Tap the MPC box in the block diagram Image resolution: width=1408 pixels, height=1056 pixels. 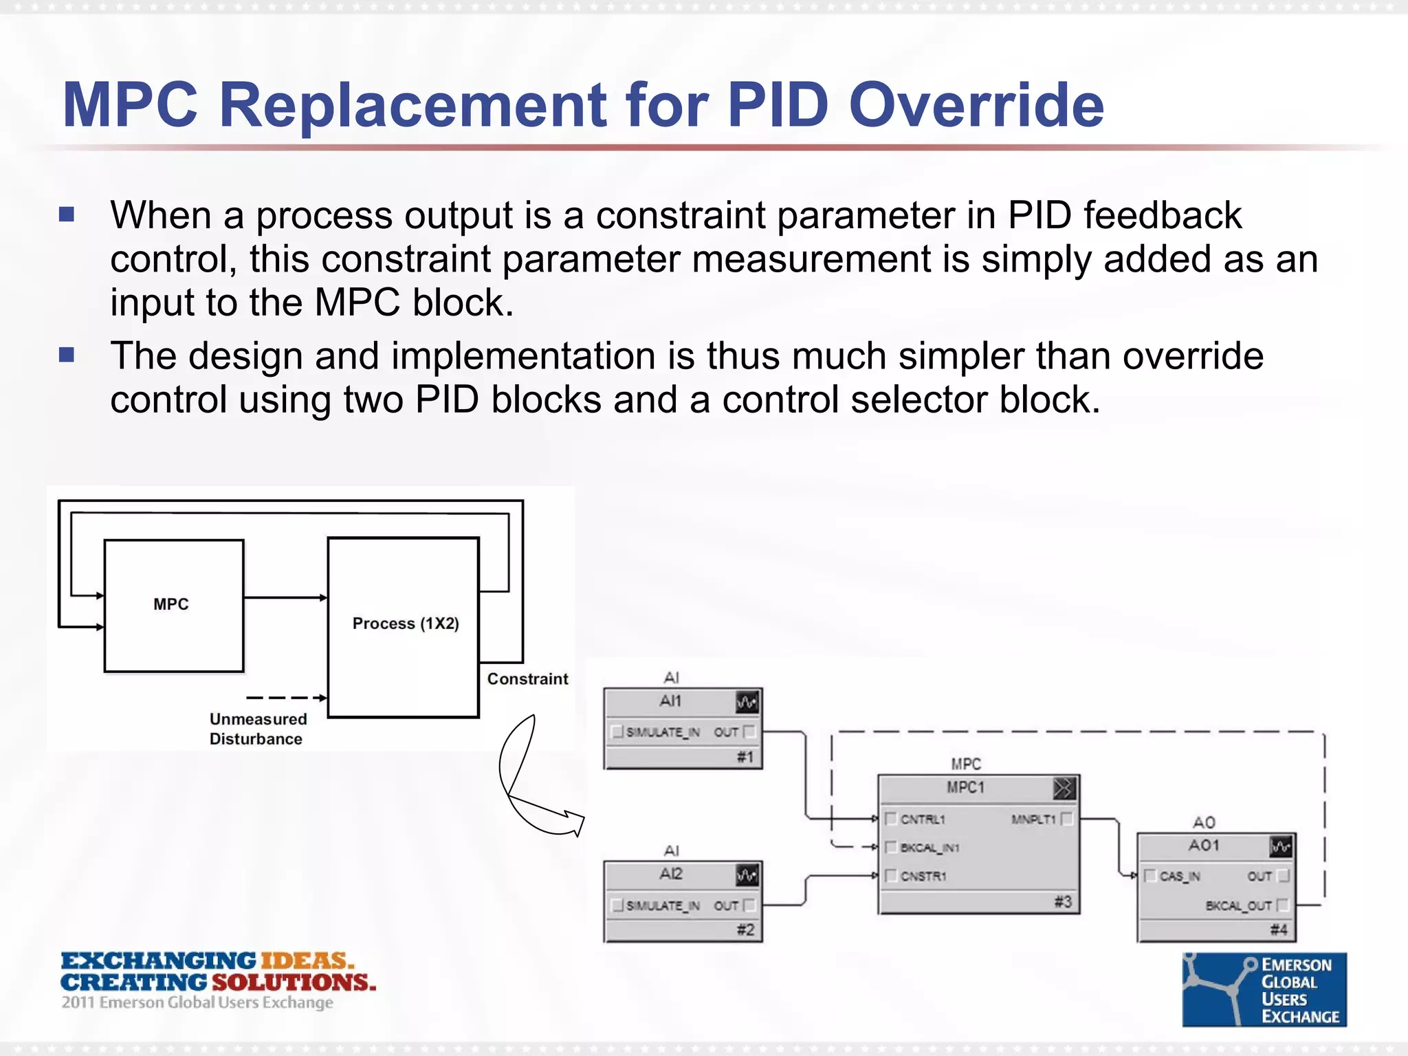tap(173, 605)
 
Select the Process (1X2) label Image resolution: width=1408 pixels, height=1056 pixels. tap(405, 624)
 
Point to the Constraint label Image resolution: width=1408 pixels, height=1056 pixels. tap(527, 679)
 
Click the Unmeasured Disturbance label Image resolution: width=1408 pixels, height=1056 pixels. tap(258, 729)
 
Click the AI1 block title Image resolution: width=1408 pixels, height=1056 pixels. tap(670, 701)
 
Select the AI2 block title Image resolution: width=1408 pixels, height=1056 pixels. tap(670, 874)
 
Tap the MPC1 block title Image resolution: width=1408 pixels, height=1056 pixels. tap(965, 788)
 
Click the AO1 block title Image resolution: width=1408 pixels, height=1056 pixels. tap(1204, 846)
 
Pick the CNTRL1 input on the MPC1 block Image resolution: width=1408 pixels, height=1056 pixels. tap(923, 819)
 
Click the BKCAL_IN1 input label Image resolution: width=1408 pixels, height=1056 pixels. tap(929, 848)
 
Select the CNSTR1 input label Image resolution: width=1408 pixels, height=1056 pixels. tap(923, 877)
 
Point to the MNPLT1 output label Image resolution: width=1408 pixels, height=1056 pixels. tap(1033, 819)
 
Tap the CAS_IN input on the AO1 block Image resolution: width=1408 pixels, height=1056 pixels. tap(1179, 877)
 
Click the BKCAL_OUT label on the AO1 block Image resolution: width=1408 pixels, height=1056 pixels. tap(1238, 906)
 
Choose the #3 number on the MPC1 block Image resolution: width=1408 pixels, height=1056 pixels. tap(1063, 901)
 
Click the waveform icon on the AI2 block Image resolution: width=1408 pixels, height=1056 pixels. tap(747, 875)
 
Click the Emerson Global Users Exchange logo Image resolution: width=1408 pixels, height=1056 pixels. tap(1264, 990)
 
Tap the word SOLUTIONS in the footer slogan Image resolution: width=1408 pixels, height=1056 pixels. tap(294, 982)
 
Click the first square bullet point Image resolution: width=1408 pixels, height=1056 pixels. tap(67, 215)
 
